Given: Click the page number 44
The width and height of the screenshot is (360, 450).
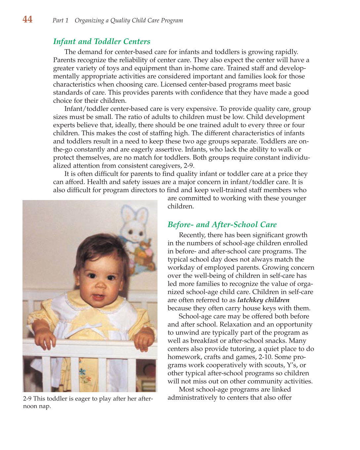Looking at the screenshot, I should (x=27, y=20).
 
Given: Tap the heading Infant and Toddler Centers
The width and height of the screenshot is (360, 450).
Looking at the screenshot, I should (x=102, y=41).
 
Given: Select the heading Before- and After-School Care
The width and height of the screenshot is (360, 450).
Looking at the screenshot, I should (x=222, y=225).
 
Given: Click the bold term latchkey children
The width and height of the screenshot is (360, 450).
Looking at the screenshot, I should (x=263, y=300).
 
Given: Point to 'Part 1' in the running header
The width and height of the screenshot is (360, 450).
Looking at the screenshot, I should (x=60, y=20).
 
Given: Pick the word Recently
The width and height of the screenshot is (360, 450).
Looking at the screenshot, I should (x=192, y=235).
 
